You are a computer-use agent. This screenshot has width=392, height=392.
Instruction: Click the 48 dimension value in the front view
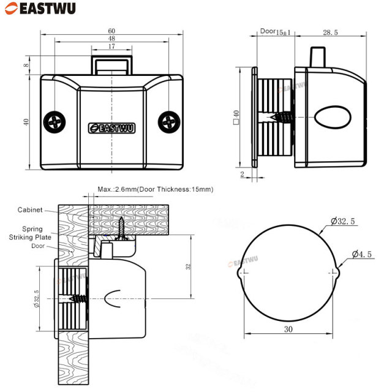click(x=111, y=39)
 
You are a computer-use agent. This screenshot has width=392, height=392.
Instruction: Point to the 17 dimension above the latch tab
click(x=111, y=47)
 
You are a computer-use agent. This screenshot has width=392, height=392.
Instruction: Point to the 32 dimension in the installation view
click(x=189, y=266)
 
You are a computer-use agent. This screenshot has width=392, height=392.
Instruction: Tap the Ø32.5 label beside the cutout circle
click(x=344, y=221)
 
